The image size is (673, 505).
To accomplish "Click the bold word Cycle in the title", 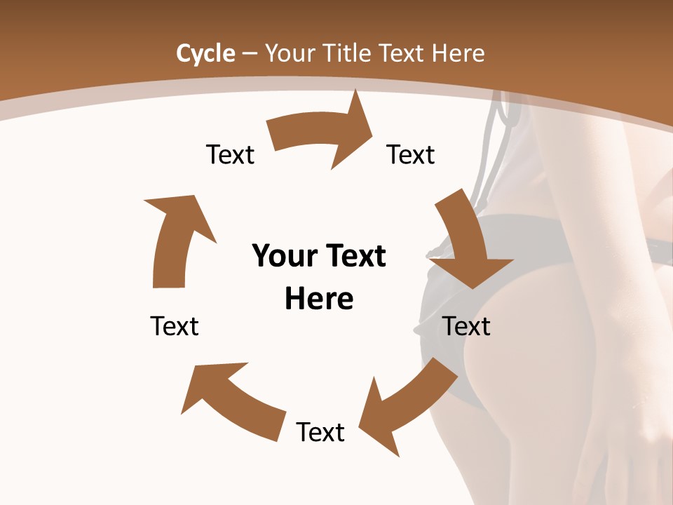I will (x=205, y=53).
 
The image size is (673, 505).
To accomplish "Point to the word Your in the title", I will (x=290, y=53).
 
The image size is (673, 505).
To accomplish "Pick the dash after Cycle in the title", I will (x=250, y=54).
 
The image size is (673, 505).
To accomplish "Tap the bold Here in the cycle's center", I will (x=319, y=299).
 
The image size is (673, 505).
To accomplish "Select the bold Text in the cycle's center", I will (x=355, y=256).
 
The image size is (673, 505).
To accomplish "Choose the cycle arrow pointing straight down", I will (x=465, y=242).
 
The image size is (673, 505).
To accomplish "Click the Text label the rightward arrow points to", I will (x=411, y=154).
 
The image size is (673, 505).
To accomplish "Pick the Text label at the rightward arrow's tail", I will (x=230, y=154).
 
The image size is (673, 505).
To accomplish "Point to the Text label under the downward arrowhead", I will (x=467, y=326).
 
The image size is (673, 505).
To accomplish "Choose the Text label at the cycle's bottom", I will (x=320, y=432).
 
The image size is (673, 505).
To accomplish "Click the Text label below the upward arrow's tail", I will (x=175, y=326).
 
